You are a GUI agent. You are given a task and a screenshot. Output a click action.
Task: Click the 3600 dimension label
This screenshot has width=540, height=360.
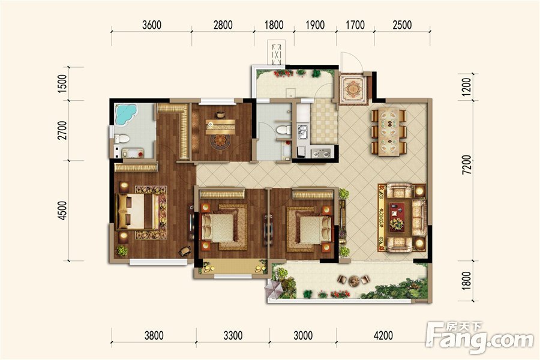(x=152, y=25)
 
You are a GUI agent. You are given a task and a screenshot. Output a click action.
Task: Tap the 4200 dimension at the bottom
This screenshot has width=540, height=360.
(x=383, y=335)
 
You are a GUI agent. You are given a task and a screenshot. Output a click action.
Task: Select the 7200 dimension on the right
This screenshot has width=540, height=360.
(x=466, y=164)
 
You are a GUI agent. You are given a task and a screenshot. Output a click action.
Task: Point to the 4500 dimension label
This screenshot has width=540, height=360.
(x=62, y=210)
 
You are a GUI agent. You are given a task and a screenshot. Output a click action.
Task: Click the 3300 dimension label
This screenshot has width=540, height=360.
(x=233, y=335)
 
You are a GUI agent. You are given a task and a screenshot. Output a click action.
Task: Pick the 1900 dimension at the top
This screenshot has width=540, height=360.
(x=315, y=25)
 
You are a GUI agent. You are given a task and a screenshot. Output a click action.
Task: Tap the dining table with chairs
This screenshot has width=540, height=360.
(x=389, y=132)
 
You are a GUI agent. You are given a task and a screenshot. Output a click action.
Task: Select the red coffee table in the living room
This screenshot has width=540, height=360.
(x=397, y=217)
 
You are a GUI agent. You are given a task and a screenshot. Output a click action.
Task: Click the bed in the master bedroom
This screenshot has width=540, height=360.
(x=136, y=211)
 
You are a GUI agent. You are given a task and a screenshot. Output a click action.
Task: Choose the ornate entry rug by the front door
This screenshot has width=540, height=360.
(x=353, y=89)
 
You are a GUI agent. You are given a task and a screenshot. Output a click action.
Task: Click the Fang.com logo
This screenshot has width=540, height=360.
(x=480, y=338)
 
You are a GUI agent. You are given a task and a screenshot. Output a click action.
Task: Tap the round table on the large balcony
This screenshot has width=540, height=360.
(x=353, y=281)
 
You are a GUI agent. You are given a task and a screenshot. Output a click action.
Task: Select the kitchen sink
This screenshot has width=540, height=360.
(x=303, y=132)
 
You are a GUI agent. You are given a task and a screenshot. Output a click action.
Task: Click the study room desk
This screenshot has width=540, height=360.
(x=220, y=127)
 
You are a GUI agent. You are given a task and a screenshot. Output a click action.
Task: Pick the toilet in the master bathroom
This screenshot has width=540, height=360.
(x=122, y=139)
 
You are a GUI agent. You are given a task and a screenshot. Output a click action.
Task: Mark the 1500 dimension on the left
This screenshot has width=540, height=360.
(x=62, y=83)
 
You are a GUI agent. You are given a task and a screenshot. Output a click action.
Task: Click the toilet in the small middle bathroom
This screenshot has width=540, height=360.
(x=284, y=130)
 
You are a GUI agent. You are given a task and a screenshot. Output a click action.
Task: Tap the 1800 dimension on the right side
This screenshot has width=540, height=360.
(x=466, y=280)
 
